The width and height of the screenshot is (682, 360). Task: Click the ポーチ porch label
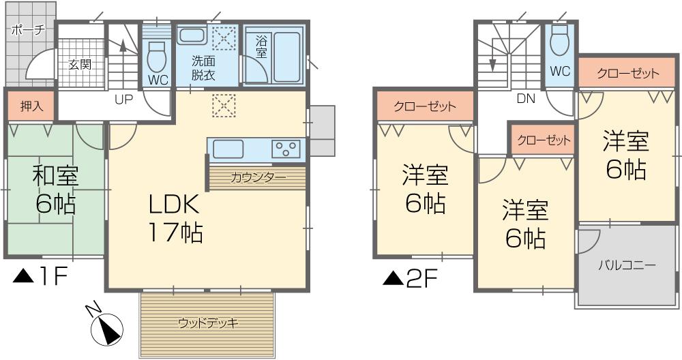pos(28,30)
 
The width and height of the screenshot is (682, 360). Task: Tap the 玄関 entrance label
pos(80,65)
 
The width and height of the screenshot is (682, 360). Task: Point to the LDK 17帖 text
pos(175,218)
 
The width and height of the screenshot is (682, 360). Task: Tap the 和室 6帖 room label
pos(55,190)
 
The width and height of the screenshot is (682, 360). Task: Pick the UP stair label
pos(123,100)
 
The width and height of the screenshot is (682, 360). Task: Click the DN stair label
pos(525,98)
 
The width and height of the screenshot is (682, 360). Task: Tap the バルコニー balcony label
pos(627,265)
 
